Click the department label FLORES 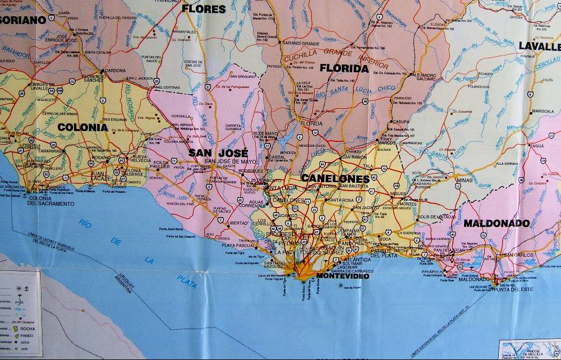[x=204, y=8]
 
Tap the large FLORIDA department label [x=344, y=68]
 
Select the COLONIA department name [x=82, y=127]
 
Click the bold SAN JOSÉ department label [x=218, y=153]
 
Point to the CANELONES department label [x=335, y=178]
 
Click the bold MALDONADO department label [x=496, y=223]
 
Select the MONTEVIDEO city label [x=343, y=276]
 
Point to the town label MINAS [x=464, y=180]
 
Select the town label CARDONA [x=115, y=71]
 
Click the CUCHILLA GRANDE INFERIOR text [x=319, y=57]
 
